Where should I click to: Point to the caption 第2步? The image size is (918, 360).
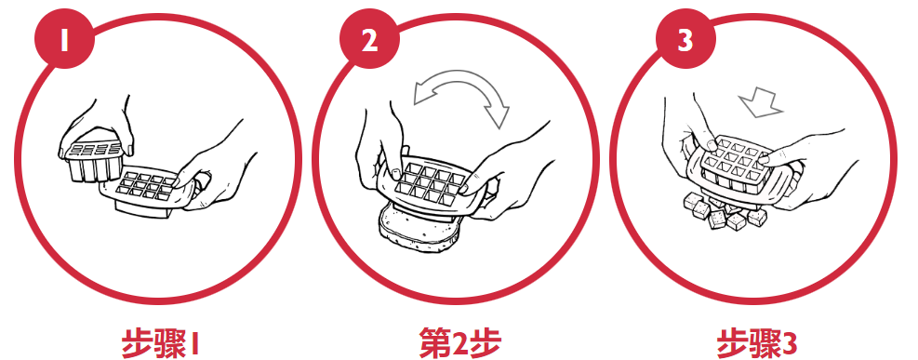pyautogui.click(x=459, y=341)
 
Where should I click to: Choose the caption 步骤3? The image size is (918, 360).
pyautogui.click(x=757, y=341)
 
